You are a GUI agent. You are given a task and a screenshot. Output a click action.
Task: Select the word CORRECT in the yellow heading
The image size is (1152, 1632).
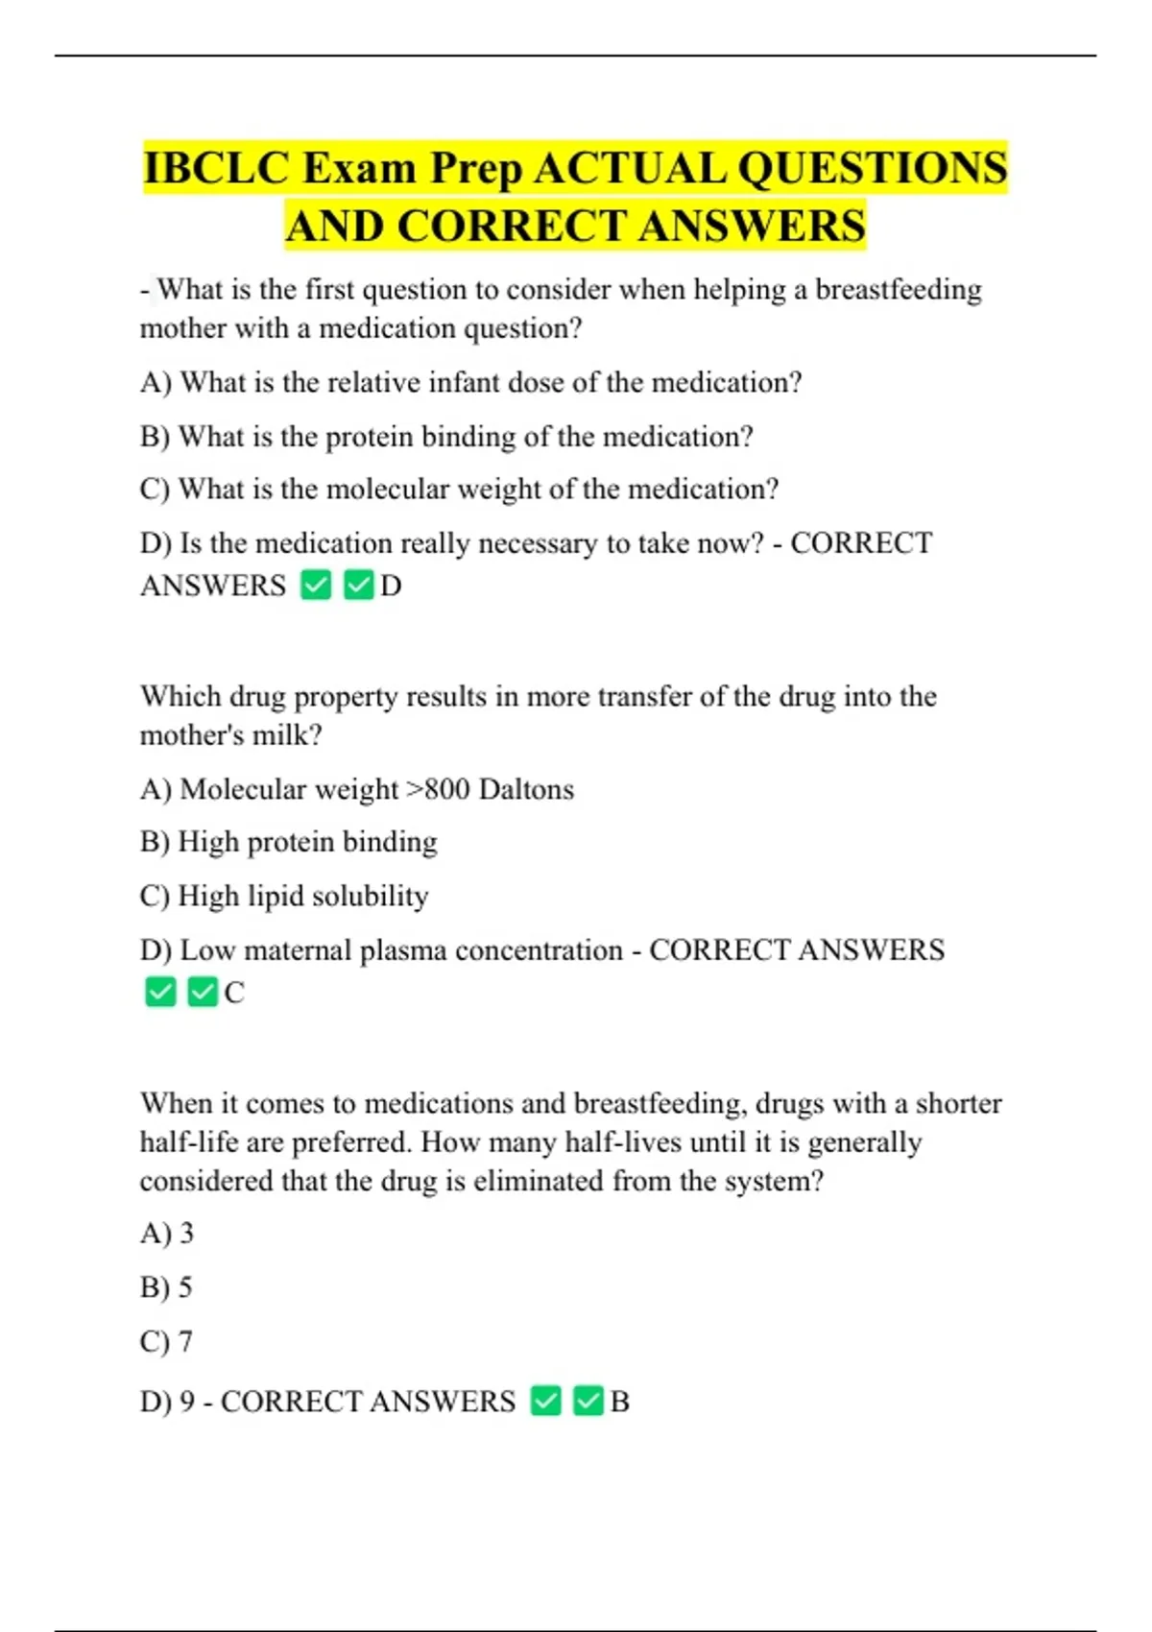(511, 227)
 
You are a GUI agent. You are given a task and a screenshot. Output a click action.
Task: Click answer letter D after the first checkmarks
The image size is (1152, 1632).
(391, 586)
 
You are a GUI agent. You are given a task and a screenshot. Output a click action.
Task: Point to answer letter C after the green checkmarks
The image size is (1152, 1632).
(234, 993)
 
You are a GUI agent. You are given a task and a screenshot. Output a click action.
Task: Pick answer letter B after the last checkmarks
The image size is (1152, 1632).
(620, 1402)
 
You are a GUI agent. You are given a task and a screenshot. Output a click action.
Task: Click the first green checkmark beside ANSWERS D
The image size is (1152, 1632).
(316, 585)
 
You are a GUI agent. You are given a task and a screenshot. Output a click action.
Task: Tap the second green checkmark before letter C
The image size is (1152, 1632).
(203, 992)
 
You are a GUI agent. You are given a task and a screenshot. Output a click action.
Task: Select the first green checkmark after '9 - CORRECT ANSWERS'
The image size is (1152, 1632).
(545, 1402)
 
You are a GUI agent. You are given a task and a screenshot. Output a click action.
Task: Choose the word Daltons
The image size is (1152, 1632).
(526, 789)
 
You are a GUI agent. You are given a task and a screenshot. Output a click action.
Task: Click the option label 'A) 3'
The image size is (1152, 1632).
(167, 1233)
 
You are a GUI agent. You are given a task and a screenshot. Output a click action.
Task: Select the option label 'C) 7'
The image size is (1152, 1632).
(167, 1341)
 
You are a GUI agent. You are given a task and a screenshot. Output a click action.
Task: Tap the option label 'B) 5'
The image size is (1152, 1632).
(167, 1287)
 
